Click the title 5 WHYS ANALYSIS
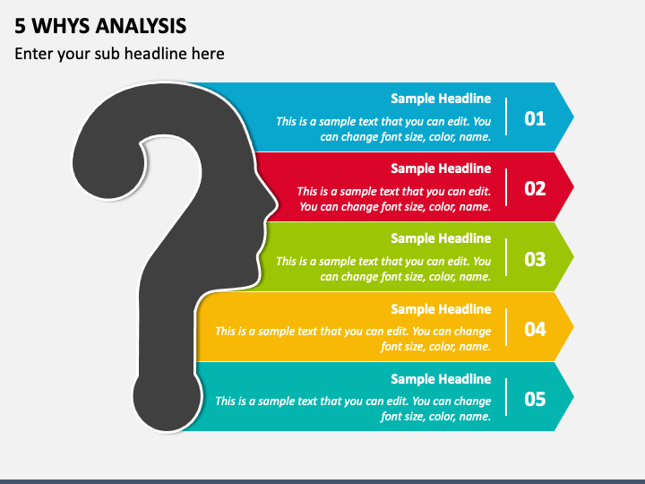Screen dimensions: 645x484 [100, 26]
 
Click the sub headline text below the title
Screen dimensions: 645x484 [119, 54]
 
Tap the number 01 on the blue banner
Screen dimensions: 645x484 [535, 118]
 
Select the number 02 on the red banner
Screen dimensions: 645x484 [535, 188]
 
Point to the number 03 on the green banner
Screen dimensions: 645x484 [535, 259]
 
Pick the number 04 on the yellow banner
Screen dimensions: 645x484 [535, 329]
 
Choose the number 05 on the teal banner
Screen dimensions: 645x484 [535, 399]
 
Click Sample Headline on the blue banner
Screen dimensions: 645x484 [441, 99]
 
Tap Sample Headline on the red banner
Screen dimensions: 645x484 [441, 169]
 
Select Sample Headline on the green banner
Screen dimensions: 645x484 [441, 238]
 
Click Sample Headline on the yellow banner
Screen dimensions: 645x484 [441, 309]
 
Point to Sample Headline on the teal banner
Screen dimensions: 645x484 [441, 379]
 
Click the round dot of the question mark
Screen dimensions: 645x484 [167, 397]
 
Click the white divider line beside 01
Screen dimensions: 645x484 [506, 117]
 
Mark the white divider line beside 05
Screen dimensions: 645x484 [506, 397]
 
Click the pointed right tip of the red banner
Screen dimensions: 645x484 [574, 186]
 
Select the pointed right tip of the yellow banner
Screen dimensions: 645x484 [574, 327]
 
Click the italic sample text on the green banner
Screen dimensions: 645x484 [383, 269]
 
